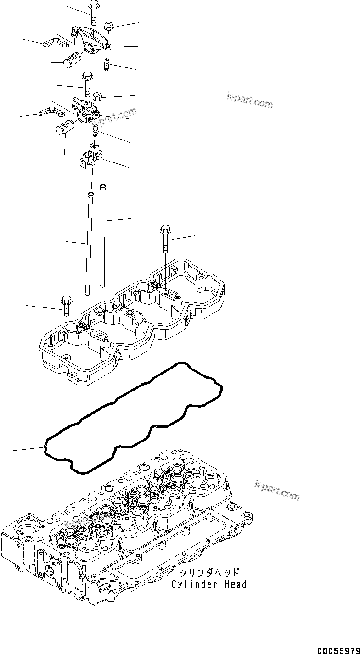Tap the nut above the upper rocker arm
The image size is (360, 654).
109,26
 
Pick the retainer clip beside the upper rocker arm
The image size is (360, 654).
54,43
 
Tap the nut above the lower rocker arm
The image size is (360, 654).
98,97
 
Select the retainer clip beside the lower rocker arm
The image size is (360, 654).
51,112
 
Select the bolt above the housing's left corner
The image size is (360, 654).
66,305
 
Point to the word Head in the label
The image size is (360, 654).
236,585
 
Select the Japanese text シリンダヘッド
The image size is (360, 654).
209,573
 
